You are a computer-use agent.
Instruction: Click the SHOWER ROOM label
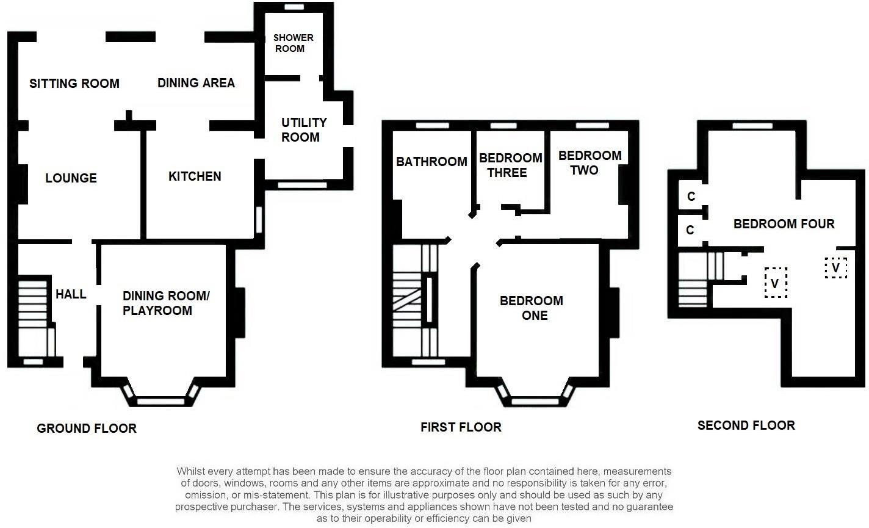click(x=293, y=43)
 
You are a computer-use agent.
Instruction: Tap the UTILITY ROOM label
click(x=303, y=129)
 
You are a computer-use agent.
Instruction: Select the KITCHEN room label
click(x=195, y=176)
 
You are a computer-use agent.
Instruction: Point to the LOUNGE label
click(x=71, y=178)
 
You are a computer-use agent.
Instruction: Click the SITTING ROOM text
click(x=74, y=84)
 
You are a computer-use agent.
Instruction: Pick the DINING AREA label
click(x=196, y=83)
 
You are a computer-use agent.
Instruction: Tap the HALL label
click(x=71, y=294)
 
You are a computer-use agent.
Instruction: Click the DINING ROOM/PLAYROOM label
click(x=165, y=303)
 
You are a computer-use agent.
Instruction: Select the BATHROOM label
click(x=431, y=162)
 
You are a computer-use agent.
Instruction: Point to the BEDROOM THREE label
click(x=510, y=165)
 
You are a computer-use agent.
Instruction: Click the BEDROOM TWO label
click(x=590, y=162)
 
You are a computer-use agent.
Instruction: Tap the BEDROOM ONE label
click(x=531, y=308)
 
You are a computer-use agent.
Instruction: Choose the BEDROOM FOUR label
click(x=784, y=224)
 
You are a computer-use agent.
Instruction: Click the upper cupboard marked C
click(x=691, y=197)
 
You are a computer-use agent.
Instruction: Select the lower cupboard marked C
click(x=691, y=230)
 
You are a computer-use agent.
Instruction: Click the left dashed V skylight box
click(x=775, y=283)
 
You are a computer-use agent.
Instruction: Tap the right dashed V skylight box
click(x=835, y=267)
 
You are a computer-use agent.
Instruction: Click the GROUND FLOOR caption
click(x=87, y=429)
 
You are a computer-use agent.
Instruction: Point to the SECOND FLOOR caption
click(x=746, y=425)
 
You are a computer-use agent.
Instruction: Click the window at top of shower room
click(x=294, y=7)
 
